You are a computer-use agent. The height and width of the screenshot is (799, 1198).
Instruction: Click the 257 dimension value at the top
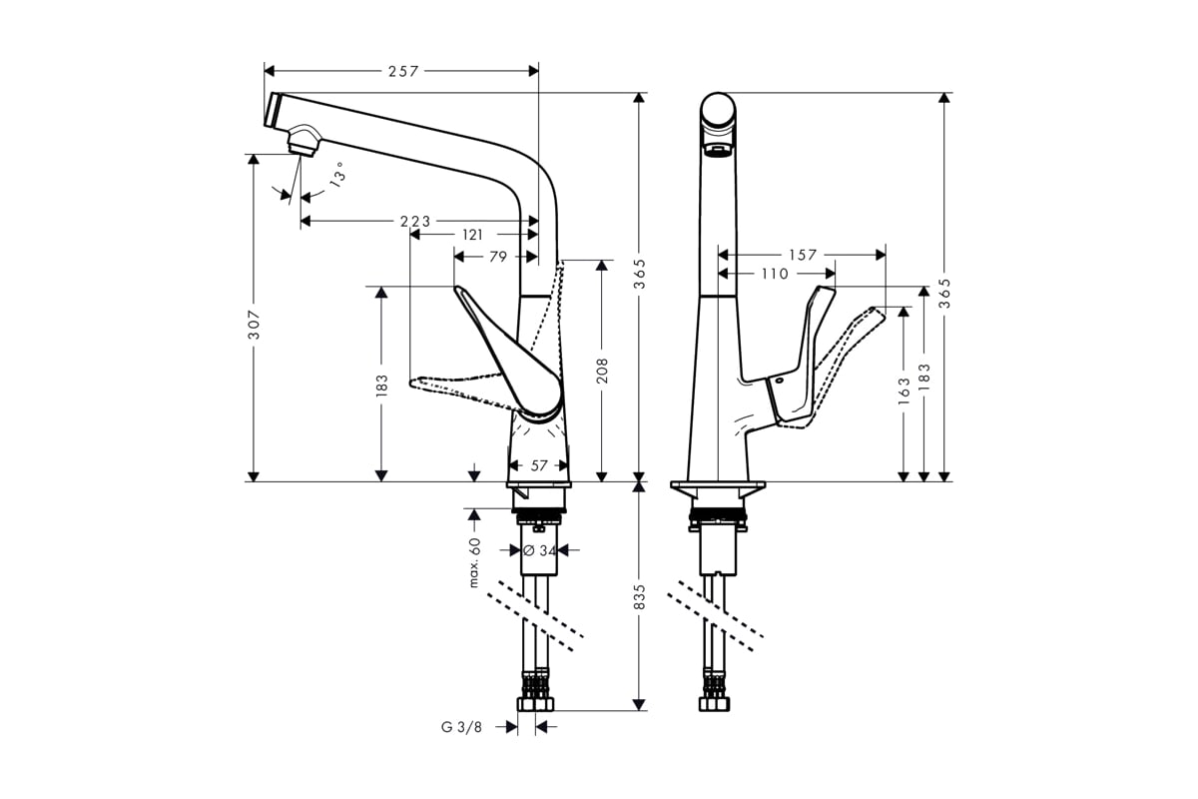point(401,71)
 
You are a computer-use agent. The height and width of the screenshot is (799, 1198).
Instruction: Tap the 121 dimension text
point(472,235)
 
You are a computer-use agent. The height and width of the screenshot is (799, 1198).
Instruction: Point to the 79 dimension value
point(496,256)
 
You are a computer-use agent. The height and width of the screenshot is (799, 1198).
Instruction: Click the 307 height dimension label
point(255,325)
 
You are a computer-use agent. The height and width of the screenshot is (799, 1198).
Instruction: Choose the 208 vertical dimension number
point(602,371)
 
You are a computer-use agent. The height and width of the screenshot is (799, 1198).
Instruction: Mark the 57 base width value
point(539,465)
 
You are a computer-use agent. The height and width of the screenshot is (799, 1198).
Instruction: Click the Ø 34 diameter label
point(539,549)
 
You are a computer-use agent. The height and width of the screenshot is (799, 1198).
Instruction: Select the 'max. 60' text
point(475,562)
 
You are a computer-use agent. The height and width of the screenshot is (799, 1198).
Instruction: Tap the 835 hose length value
point(640,597)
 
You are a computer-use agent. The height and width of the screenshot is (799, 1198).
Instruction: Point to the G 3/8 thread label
point(461,727)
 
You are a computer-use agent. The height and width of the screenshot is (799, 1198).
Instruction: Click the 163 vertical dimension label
point(903,388)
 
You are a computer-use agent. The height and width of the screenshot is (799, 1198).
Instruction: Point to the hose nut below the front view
point(716,704)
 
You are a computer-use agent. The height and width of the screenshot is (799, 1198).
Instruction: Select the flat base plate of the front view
point(718,486)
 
